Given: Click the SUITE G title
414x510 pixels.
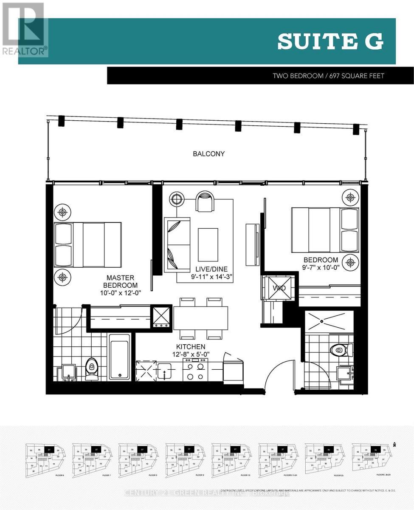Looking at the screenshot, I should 330,42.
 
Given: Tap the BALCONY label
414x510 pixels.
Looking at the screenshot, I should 208,154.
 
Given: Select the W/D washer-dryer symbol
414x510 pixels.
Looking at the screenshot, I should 279,288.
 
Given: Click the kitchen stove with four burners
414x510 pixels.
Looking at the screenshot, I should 195,370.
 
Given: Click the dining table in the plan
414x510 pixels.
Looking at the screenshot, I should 200,318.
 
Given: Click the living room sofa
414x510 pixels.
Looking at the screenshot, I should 177,244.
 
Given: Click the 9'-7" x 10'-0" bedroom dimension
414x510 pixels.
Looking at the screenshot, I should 321,268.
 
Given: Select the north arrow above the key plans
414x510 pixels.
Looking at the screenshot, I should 394,445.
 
